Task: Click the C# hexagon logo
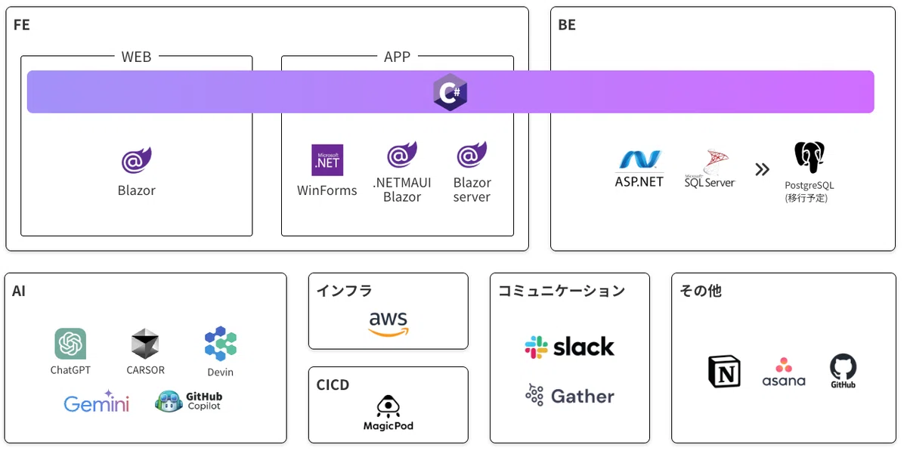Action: pos(450,92)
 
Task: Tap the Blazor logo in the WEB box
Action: pos(137,160)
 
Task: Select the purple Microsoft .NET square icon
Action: pos(327,160)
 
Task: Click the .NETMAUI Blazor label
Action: pos(402,190)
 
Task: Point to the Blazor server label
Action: pos(472,190)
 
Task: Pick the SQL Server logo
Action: pos(710,168)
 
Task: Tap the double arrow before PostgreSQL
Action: pos(762,169)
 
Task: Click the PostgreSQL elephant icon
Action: pos(809,157)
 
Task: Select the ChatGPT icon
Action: pos(70,344)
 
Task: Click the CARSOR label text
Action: pos(145,370)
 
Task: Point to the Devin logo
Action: pos(220,343)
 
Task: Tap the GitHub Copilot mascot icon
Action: pos(169,401)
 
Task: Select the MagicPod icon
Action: pos(388,406)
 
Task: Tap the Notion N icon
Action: pos(724,372)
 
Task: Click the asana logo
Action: pos(784,372)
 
